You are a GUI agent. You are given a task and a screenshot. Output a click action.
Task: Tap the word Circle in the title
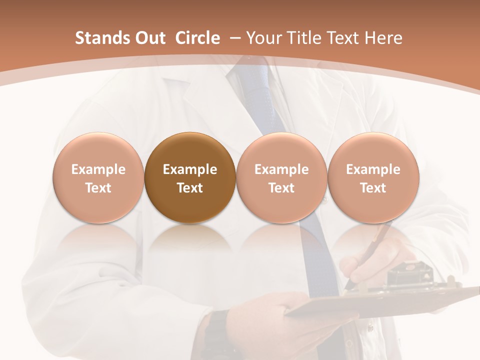[197, 38]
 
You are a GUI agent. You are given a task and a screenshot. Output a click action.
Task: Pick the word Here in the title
[382, 38]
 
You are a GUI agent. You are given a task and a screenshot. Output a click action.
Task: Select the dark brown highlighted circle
[190, 178]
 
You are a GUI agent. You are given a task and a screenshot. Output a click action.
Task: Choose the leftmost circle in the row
[98, 178]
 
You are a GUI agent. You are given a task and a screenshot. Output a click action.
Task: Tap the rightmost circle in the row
[373, 178]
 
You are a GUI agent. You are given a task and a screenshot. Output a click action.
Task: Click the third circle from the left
[281, 178]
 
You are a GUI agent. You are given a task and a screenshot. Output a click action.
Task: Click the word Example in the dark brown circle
[190, 169]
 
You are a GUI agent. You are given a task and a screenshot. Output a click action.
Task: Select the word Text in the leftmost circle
[98, 188]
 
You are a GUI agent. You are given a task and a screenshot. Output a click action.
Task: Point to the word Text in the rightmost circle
[373, 188]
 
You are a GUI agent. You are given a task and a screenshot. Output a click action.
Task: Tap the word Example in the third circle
[281, 169]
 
